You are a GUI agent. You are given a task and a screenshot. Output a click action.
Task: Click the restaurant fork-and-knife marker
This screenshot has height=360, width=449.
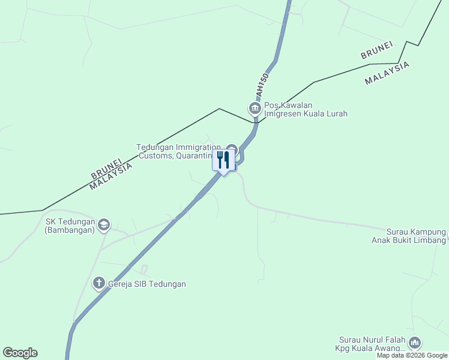tap(223, 160)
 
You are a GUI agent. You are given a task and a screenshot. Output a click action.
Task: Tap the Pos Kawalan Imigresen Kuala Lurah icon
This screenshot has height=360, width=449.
tap(255, 108)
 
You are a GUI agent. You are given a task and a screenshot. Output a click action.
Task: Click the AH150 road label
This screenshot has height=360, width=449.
tap(261, 86)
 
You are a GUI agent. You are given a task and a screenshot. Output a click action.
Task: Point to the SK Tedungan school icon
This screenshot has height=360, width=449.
tap(104, 224)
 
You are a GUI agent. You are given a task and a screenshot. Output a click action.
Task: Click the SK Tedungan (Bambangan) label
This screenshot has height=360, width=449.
tap(70, 225)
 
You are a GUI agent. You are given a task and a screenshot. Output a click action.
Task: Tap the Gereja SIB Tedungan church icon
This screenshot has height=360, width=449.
tap(99, 283)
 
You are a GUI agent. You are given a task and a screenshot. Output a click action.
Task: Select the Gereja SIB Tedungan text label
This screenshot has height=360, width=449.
tap(146, 284)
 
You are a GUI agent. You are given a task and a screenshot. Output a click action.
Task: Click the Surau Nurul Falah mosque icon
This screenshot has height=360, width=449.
tap(415, 343)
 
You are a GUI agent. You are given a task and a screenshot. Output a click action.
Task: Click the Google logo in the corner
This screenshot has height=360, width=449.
tap(20, 353)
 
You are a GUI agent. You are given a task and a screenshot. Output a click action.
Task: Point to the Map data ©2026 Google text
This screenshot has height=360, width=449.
tap(412, 355)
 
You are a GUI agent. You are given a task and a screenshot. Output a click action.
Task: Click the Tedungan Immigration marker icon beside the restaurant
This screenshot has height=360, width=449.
tap(232, 148)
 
